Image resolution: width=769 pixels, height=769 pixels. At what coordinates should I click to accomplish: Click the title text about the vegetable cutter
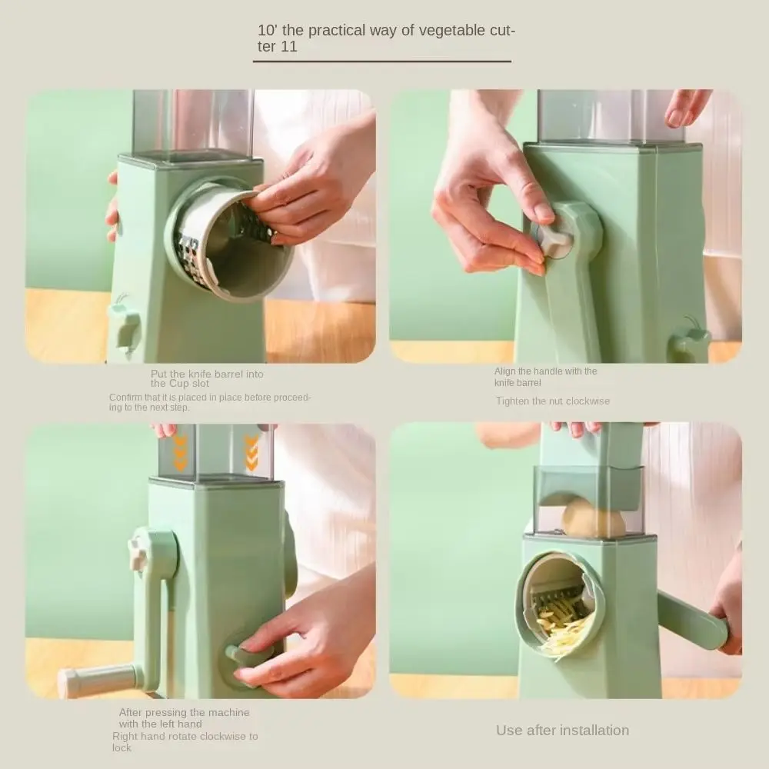click(x=384, y=38)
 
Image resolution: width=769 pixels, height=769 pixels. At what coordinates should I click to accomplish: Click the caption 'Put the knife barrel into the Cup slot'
click(x=207, y=378)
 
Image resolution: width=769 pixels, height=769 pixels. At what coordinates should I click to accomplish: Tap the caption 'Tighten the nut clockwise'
click(x=552, y=401)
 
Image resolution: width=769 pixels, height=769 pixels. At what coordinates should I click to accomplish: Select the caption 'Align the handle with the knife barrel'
click(x=545, y=377)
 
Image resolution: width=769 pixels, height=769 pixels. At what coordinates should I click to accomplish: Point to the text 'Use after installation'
click(x=562, y=730)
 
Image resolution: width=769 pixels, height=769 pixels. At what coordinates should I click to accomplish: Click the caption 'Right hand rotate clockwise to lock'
click(x=185, y=741)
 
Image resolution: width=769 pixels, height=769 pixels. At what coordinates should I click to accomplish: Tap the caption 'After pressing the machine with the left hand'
click(x=184, y=717)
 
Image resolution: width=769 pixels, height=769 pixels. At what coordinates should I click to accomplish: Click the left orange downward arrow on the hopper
click(x=180, y=454)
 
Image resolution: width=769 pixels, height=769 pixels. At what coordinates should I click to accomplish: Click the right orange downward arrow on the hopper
click(x=251, y=454)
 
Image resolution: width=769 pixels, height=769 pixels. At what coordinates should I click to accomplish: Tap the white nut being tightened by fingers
click(x=555, y=240)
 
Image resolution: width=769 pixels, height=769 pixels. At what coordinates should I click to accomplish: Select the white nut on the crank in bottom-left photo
click(x=139, y=554)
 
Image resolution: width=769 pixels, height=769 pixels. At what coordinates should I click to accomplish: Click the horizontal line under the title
click(x=382, y=61)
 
